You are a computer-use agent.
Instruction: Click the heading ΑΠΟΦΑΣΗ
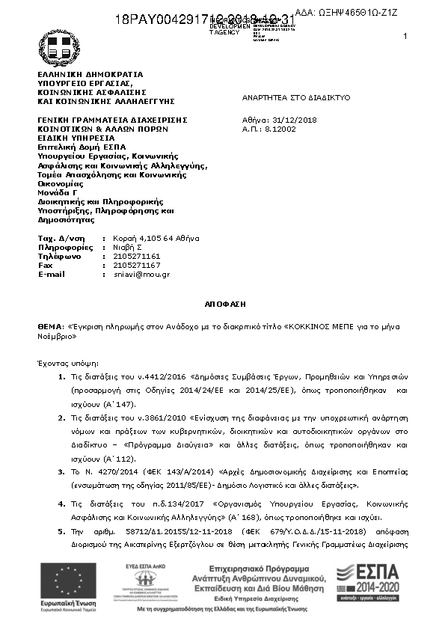(222, 305)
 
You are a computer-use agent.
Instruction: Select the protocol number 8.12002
(280, 129)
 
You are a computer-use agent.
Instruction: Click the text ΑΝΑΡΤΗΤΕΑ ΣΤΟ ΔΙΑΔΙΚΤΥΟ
(295, 98)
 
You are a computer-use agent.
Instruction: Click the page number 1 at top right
(405, 37)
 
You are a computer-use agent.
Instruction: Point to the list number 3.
(61, 472)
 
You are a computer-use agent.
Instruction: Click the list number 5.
(61, 530)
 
